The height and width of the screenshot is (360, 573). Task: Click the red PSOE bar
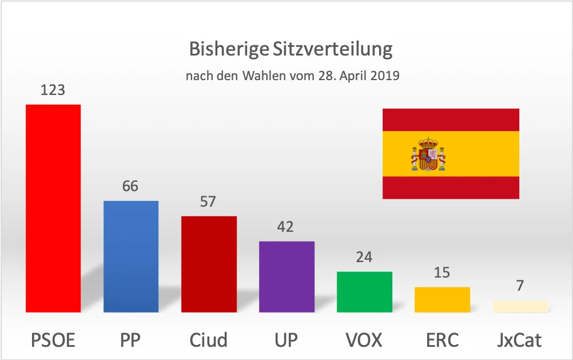click(53, 208)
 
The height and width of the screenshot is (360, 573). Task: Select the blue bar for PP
click(130, 256)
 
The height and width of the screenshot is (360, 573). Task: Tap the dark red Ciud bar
click(209, 264)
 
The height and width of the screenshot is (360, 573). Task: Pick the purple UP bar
click(286, 276)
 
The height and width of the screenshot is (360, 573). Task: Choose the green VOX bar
click(364, 292)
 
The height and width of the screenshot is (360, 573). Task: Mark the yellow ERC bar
click(442, 299)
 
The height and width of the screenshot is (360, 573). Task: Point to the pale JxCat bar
click(520, 306)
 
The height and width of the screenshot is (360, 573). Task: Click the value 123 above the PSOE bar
click(53, 90)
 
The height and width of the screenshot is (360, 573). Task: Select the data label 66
click(130, 187)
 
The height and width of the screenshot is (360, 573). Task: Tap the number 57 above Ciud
click(208, 202)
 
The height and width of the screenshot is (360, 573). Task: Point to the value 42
click(286, 227)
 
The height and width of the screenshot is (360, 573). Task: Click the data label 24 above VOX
click(364, 258)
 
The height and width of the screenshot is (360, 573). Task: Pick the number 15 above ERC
click(442, 273)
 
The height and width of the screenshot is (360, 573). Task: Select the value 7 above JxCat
click(520, 286)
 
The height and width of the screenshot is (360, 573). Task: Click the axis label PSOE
click(53, 340)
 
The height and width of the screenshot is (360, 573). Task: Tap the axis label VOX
click(364, 340)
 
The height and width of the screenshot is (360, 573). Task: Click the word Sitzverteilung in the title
click(332, 50)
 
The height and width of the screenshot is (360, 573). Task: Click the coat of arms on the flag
click(428, 154)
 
